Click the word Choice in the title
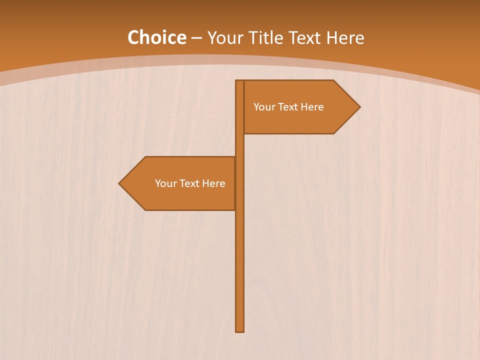tap(156, 37)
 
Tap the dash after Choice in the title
tap(196, 38)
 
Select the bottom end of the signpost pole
tap(240, 330)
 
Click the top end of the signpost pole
tap(240, 81)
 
